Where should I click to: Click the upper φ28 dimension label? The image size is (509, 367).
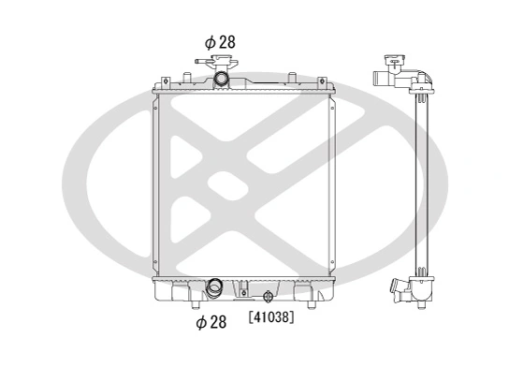click(221, 41)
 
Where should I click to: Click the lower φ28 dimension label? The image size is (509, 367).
click(212, 322)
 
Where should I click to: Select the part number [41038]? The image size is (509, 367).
click(271, 317)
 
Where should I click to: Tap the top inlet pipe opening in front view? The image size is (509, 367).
click(222, 79)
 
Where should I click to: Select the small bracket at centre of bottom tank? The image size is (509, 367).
click(246, 282)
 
